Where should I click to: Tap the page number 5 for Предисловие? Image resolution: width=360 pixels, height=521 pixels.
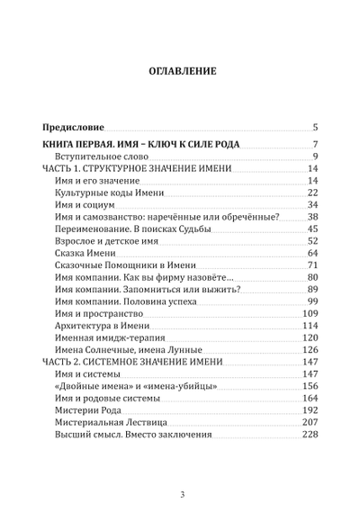click(315, 128)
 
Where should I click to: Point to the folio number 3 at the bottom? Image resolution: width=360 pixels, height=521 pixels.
click(181, 494)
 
